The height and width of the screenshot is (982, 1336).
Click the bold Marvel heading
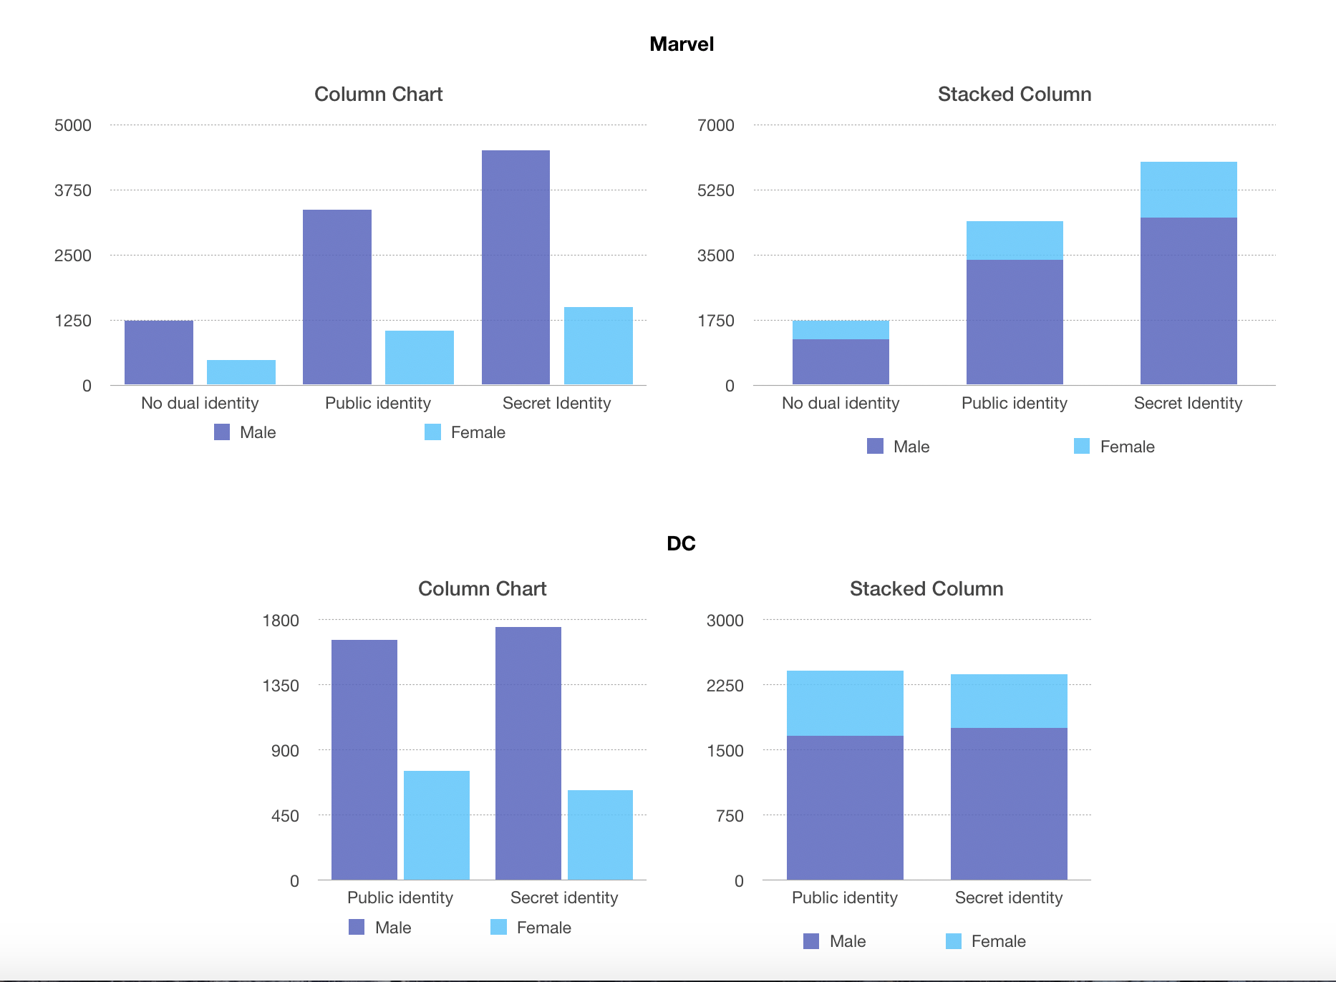pyautogui.click(x=681, y=44)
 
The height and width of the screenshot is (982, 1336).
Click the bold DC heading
pyautogui.click(x=681, y=543)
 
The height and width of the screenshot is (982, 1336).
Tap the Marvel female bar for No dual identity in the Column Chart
pyautogui.click(x=241, y=372)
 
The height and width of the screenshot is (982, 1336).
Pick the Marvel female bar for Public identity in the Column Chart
pyautogui.click(x=420, y=357)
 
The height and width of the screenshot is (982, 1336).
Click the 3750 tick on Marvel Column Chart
pyautogui.click(x=73, y=190)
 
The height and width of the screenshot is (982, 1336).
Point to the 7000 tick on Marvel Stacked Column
pyautogui.click(x=715, y=125)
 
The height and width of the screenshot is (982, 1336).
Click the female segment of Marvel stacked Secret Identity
pyautogui.click(x=1189, y=190)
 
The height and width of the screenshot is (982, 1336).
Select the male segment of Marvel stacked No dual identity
pyautogui.click(x=841, y=361)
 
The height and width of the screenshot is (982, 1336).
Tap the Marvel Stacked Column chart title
pyautogui.click(x=1014, y=94)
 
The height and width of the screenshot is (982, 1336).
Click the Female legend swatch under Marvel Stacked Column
pyautogui.click(x=1082, y=447)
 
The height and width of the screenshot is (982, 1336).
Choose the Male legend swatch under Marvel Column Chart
pyautogui.click(x=222, y=432)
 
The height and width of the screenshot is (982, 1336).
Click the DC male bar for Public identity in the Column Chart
pyautogui.click(x=364, y=759)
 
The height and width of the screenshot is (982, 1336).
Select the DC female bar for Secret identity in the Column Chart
pyautogui.click(x=600, y=835)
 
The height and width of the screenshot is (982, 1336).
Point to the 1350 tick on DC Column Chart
pyautogui.click(x=281, y=686)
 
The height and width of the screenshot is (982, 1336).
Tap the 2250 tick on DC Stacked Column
pyautogui.click(x=725, y=686)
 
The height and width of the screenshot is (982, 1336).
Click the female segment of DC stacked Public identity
pyautogui.click(x=845, y=703)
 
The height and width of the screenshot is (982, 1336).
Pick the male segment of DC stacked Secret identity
pyautogui.click(x=1009, y=804)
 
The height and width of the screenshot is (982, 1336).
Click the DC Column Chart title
pyautogui.click(x=482, y=589)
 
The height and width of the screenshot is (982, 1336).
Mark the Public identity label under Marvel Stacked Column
pyautogui.click(x=1014, y=403)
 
